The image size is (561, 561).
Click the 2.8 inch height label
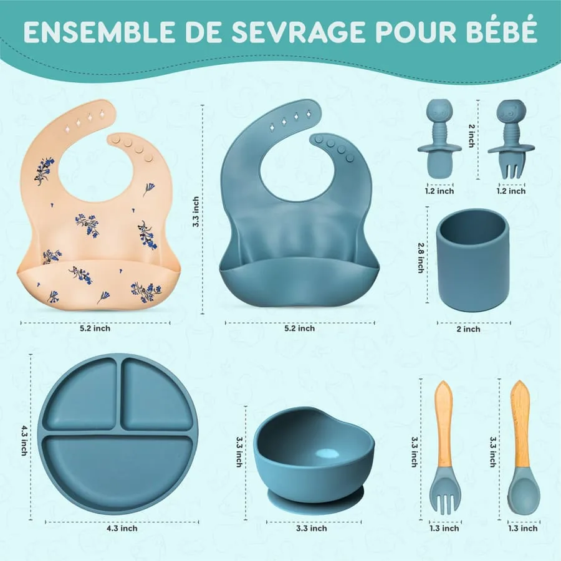(421, 257)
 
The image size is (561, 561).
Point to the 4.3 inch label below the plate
(122, 528)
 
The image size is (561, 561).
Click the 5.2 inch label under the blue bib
(300, 328)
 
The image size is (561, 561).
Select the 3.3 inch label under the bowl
(312, 528)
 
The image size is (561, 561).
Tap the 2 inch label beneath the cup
(468, 328)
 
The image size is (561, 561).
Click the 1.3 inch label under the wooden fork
(444, 528)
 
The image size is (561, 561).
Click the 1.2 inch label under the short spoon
(439, 191)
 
